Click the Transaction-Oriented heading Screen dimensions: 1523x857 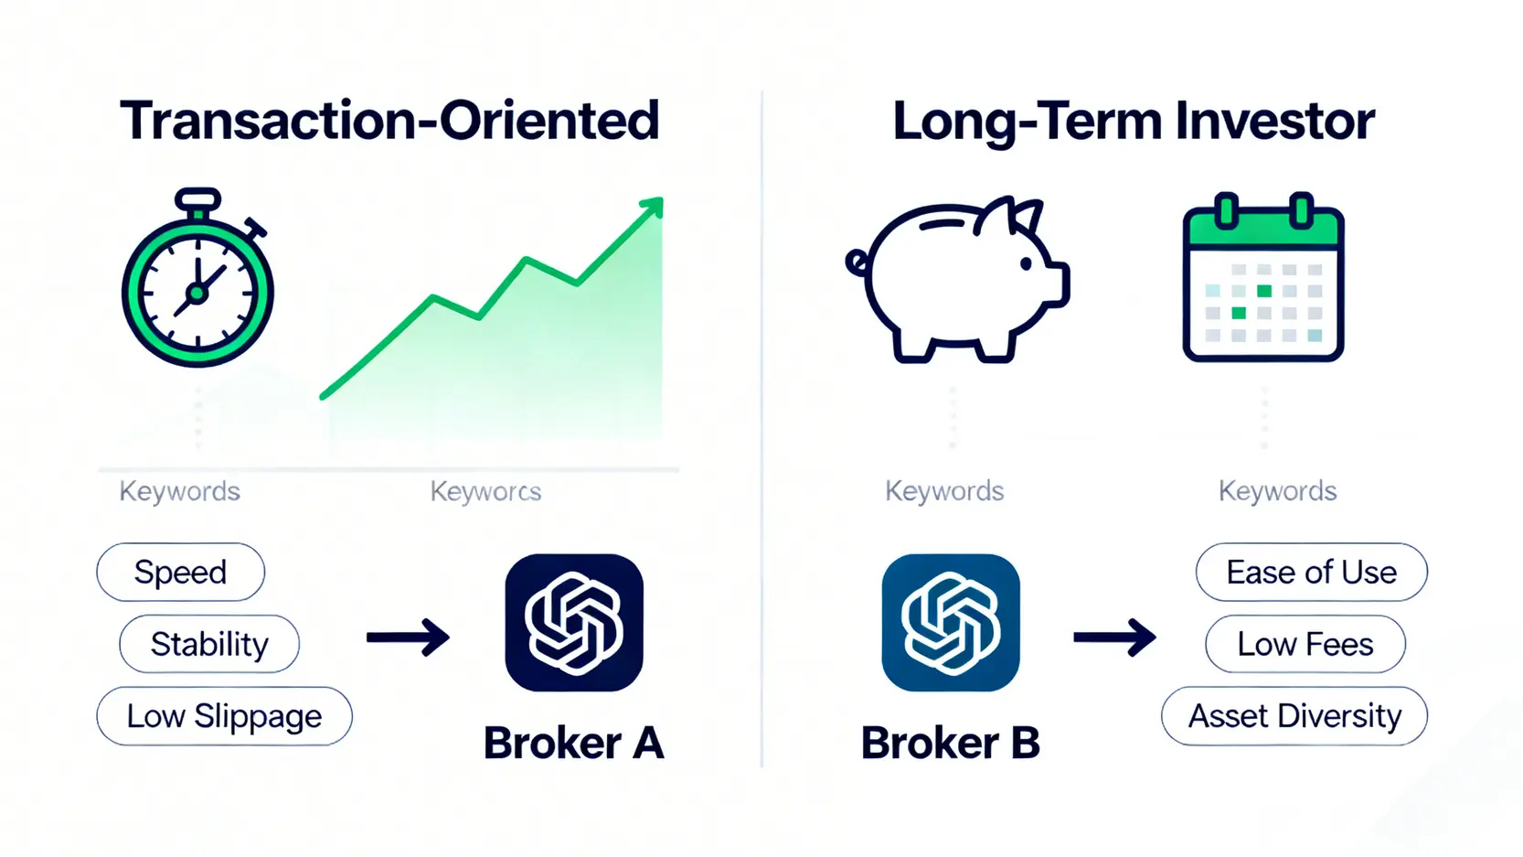tap(389, 121)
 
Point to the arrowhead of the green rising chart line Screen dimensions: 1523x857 tap(653, 206)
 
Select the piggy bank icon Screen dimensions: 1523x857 tap(958, 280)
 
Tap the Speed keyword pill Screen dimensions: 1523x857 tap(180, 572)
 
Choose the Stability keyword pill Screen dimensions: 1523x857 tap(209, 644)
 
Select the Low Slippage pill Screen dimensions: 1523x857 tap(224, 716)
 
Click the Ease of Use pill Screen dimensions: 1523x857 tap(1312, 572)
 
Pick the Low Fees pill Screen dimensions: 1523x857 tap(1305, 644)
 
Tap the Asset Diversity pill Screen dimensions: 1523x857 tap(1294, 716)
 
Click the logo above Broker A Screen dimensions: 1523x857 tap(574, 623)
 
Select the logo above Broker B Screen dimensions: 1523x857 tap(951, 623)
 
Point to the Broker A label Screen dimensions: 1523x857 tap(574, 743)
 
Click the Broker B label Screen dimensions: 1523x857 tap(951, 743)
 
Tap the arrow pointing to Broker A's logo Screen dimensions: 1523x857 tap(408, 637)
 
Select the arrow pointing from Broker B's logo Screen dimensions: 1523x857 tap(1115, 637)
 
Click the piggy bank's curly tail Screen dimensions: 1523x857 tap(857, 262)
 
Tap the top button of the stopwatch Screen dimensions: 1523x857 tap(197, 200)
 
